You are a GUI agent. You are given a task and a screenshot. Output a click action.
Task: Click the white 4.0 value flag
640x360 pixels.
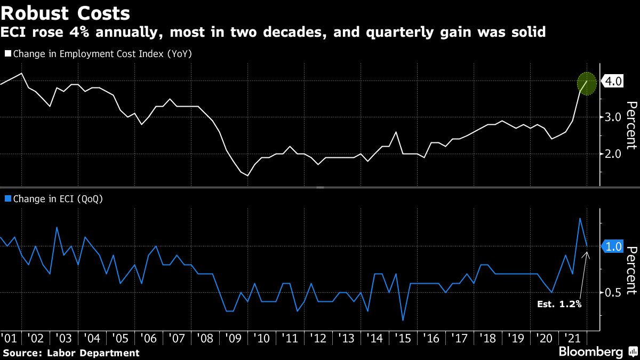tap(612, 82)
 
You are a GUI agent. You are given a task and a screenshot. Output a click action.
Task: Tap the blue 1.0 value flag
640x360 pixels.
tap(612, 246)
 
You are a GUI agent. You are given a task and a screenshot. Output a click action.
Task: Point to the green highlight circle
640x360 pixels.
tap(587, 84)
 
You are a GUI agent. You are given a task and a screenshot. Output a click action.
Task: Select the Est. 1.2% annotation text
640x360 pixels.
tap(559, 305)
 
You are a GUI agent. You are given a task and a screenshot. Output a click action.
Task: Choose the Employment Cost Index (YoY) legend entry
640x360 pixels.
tap(101, 53)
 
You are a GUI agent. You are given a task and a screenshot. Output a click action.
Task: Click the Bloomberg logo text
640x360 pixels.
tap(590, 352)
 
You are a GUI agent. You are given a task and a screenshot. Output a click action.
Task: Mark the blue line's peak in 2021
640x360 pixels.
tap(580, 218)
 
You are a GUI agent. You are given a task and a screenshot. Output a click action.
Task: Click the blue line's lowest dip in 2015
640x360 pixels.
tap(403, 320)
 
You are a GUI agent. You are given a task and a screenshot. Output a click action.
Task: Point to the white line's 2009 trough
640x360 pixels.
tap(247, 175)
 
